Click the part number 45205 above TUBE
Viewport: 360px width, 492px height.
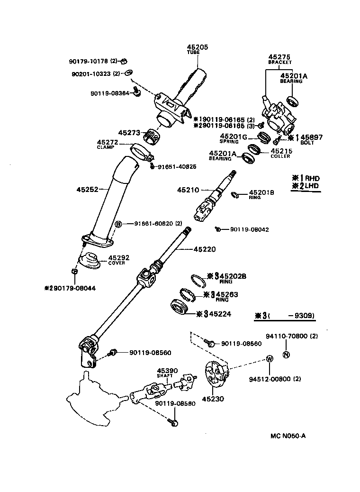(x=197, y=47)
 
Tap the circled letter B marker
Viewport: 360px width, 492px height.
(x=118, y=224)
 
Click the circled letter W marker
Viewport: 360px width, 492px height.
(x=269, y=359)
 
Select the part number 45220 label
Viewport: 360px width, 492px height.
(x=205, y=249)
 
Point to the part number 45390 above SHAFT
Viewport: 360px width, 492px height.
(x=167, y=370)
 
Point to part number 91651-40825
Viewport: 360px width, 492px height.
(x=177, y=166)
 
